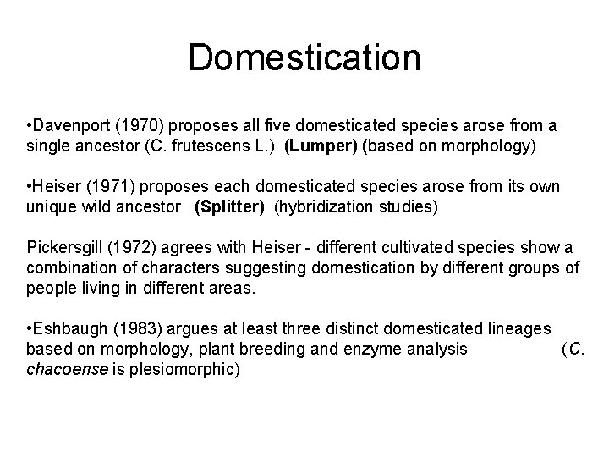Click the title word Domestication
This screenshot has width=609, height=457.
(304, 58)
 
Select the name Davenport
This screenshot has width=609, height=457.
(68, 126)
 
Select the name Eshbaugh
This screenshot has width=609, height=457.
(67, 328)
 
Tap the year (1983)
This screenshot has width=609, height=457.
(132, 328)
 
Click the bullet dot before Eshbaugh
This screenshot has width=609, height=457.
(30, 328)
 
